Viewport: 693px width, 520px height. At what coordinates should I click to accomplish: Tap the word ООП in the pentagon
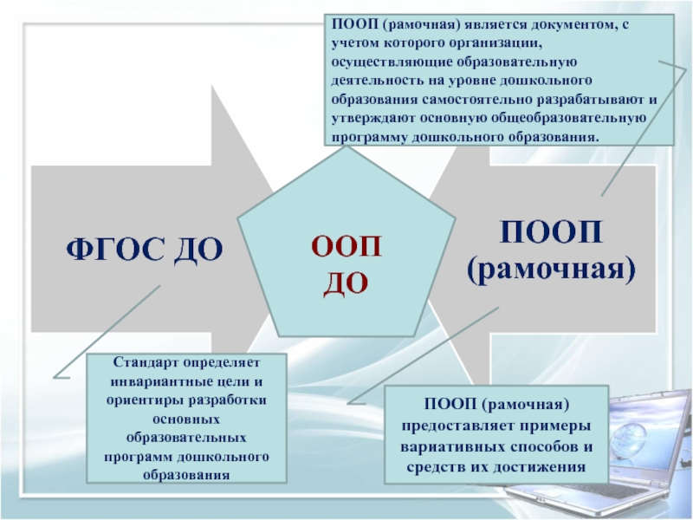coord(346,246)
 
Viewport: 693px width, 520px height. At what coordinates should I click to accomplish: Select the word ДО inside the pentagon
coord(346,282)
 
